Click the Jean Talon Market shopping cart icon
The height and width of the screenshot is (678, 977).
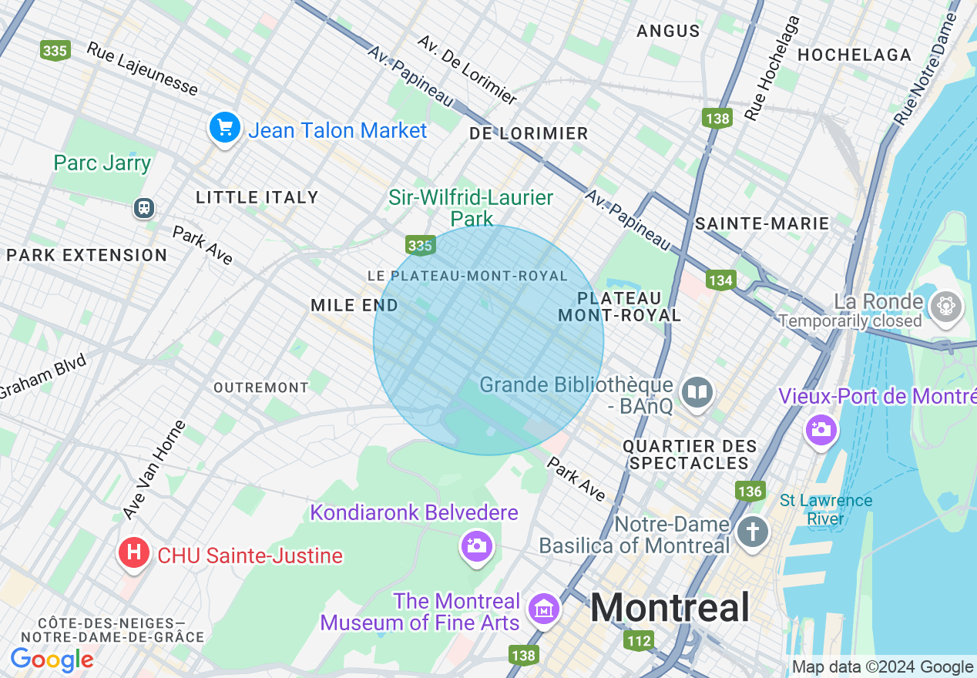[x=224, y=128]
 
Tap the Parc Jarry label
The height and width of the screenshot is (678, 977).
[x=102, y=163]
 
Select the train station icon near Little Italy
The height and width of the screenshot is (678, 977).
[x=144, y=208]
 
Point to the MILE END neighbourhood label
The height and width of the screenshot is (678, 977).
[x=354, y=306]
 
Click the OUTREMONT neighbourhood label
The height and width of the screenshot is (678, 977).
[x=261, y=388]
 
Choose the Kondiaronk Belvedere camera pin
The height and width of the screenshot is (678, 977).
[x=476, y=546]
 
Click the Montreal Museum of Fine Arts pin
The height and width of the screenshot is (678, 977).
[x=544, y=609]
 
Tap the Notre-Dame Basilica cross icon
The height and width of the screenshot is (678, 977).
[x=752, y=532]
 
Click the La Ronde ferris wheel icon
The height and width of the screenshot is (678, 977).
[x=945, y=307]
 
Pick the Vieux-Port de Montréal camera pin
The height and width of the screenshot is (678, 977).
[x=821, y=429]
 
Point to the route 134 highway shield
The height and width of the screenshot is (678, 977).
[x=720, y=280]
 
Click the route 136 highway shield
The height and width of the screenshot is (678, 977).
[x=749, y=491]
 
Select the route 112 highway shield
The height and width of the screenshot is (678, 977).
[x=640, y=640]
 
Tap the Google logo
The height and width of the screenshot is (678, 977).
[x=52, y=660]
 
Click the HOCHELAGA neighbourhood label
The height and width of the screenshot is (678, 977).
[x=854, y=55]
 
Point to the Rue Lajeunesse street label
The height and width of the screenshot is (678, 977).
[x=142, y=69]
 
